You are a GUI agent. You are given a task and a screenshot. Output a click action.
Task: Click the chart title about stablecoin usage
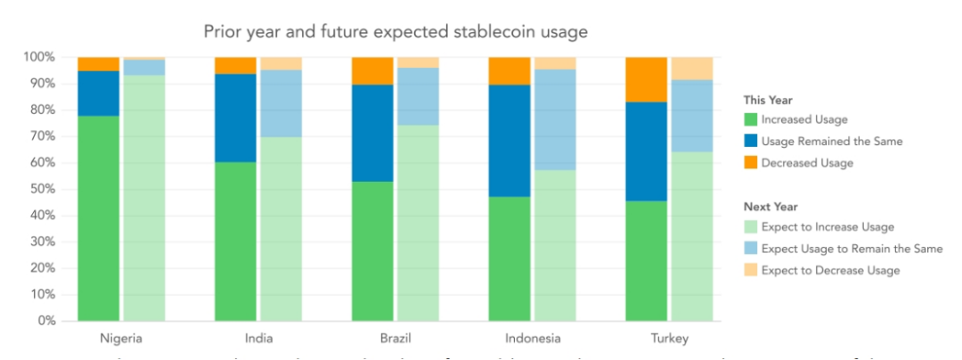395,32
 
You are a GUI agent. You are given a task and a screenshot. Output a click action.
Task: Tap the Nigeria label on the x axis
121,338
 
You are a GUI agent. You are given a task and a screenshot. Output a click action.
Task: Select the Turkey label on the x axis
669,338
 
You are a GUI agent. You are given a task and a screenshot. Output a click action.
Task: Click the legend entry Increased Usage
803,119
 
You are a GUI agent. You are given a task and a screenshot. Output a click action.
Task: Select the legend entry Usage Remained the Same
831,141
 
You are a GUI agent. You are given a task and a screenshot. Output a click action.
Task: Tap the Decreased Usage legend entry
807,162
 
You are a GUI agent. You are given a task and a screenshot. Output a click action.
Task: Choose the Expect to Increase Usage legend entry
827,227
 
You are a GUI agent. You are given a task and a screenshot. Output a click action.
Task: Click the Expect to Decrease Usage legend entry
830,270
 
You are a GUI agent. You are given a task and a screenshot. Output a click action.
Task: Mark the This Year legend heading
768,100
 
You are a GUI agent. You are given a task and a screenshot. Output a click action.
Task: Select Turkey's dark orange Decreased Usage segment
646,79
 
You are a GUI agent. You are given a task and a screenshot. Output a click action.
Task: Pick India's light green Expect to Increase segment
281,228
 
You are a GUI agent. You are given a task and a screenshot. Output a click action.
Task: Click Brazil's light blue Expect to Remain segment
418,96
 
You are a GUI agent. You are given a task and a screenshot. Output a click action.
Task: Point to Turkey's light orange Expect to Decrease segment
692,69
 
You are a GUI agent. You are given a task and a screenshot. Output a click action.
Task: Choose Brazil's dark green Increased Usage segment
372,250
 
